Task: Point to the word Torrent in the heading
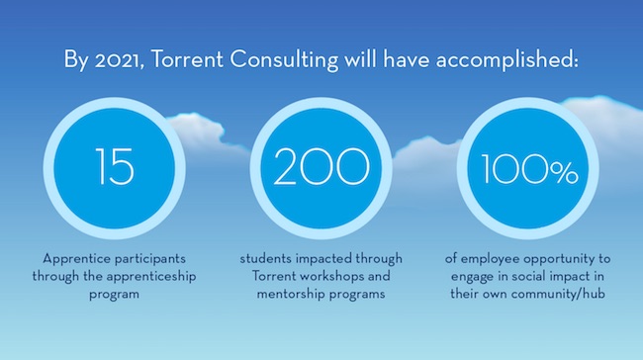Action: coord(194,59)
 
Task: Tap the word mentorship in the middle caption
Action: coord(273,295)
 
